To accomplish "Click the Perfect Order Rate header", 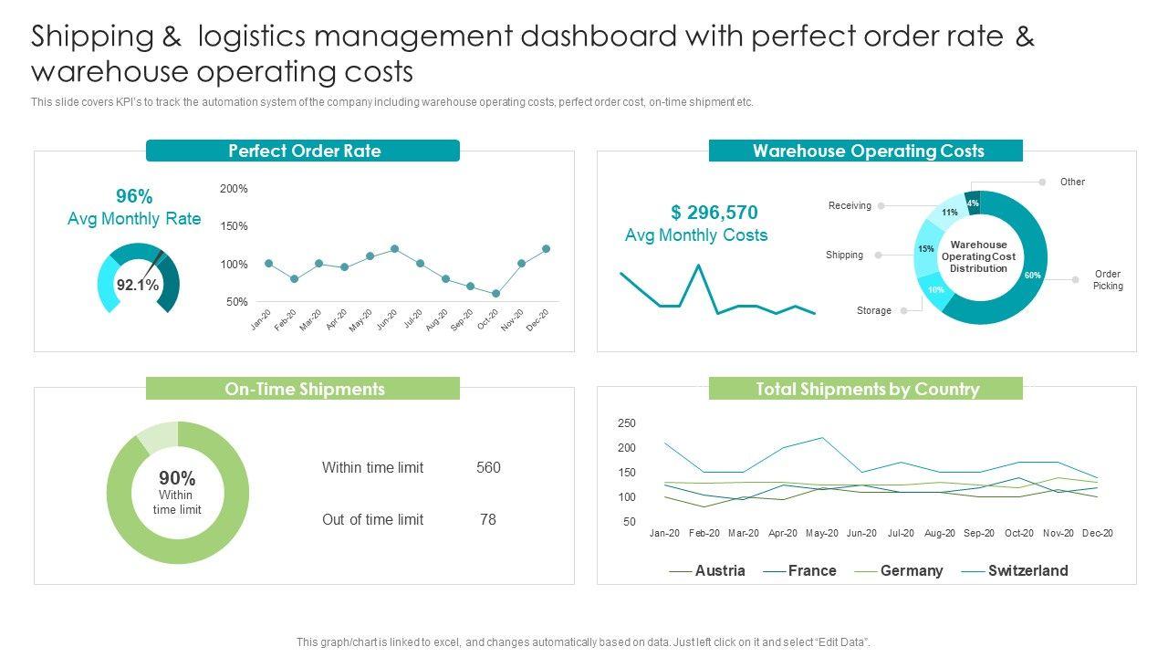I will pyautogui.click(x=304, y=151).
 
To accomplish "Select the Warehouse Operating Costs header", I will pyautogui.click(x=868, y=151).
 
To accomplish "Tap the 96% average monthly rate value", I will pyautogui.click(x=134, y=196).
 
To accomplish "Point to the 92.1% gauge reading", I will pyautogui.click(x=138, y=286).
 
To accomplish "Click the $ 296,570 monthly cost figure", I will pyautogui.click(x=714, y=213).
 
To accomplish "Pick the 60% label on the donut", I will pyautogui.click(x=1032, y=276).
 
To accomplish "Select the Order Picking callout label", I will pyautogui.click(x=1108, y=280).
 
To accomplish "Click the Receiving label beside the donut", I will pyautogui.click(x=850, y=206).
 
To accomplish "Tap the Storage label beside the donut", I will pyautogui.click(x=873, y=311).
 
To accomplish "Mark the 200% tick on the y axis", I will pyautogui.click(x=234, y=189).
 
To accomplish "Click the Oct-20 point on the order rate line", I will pyautogui.click(x=495, y=294).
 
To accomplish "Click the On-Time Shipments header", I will pyautogui.click(x=304, y=390).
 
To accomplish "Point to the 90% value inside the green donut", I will pyautogui.click(x=177, y=478).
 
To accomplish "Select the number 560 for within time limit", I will pyautogui.click(x=488, y=468).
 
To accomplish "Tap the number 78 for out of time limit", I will pyautogui.click(x=488, y=520).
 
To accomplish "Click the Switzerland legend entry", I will pyautogui.click(x=1027, y=571).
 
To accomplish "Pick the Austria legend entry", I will pyautogui.click(x=719, y=571).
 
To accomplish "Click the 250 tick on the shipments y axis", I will pyautogui.click(x=627, y=423).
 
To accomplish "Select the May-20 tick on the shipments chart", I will pyautogui.click(x=822, y=533).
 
